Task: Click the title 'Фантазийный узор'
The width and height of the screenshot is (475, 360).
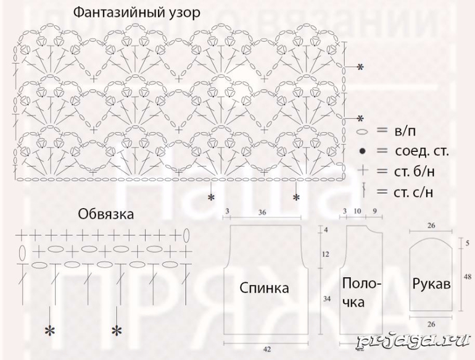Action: click(136, 12)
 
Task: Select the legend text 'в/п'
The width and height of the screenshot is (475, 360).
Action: click(405, 131)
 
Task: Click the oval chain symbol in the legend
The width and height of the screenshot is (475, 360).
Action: click(363, 132)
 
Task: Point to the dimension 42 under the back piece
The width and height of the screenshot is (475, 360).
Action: click(266, 350)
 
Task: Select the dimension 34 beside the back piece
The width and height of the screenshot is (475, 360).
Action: click(327, 299)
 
